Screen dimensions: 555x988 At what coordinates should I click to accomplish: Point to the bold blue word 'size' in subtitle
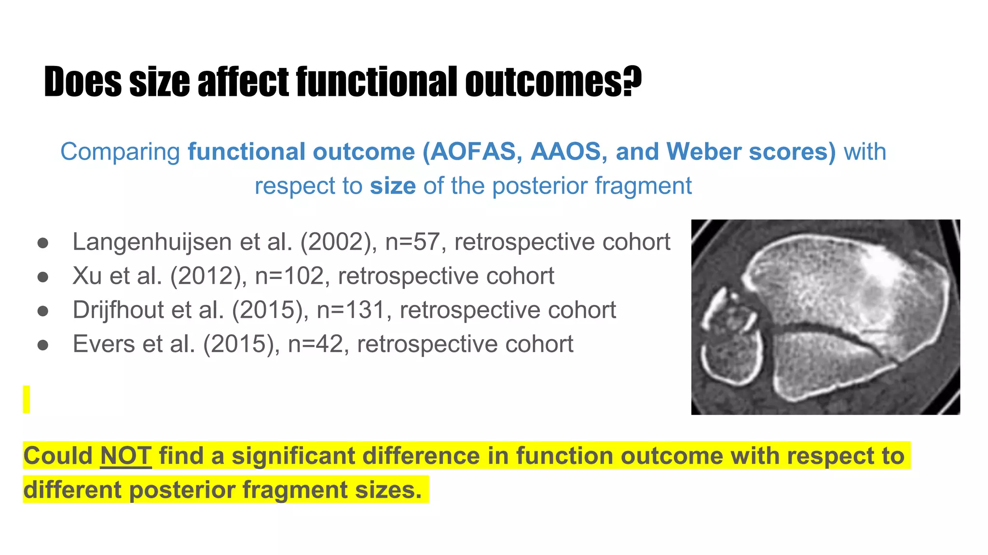pos(393,186)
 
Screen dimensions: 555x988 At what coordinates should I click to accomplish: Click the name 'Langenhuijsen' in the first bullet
pos(151,242)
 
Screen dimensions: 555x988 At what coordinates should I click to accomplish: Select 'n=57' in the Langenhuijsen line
pos(412,242)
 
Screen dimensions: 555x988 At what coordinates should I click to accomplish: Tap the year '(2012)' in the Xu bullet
pos(208,276)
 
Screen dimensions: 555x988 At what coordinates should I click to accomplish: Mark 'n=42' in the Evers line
pos(315,344)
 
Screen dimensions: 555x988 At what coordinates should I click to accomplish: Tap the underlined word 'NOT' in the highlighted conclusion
pos(126,456)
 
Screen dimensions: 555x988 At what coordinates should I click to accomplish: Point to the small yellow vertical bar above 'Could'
pos(27,399)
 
